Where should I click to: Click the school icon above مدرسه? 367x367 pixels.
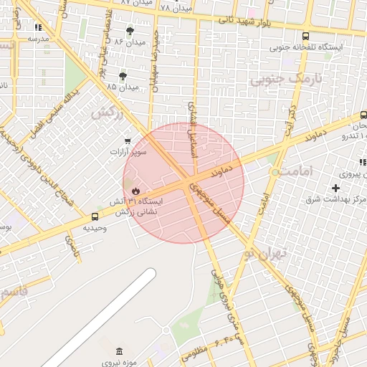tap(38, 28)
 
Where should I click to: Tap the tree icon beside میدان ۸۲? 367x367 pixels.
tap(130, 31)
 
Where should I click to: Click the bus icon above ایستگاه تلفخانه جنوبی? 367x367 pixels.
tap(306, 36)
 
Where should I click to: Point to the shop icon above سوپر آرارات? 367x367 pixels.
tap(128, 141)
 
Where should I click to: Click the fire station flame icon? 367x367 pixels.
tap(135, 191)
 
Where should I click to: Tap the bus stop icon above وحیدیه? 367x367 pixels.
tap(95, 216)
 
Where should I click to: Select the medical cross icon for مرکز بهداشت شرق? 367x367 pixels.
tap(335, 188)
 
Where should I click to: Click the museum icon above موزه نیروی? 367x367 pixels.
tap(119, 352)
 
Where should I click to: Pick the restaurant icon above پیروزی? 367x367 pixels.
tap(363, 163)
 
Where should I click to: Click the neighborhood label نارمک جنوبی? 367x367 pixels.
tap(280, 79)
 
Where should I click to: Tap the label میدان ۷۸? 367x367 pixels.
tap(176, 8)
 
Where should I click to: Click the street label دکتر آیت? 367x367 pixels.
tap(291, 115)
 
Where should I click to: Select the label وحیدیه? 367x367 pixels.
tap(95, 227)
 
